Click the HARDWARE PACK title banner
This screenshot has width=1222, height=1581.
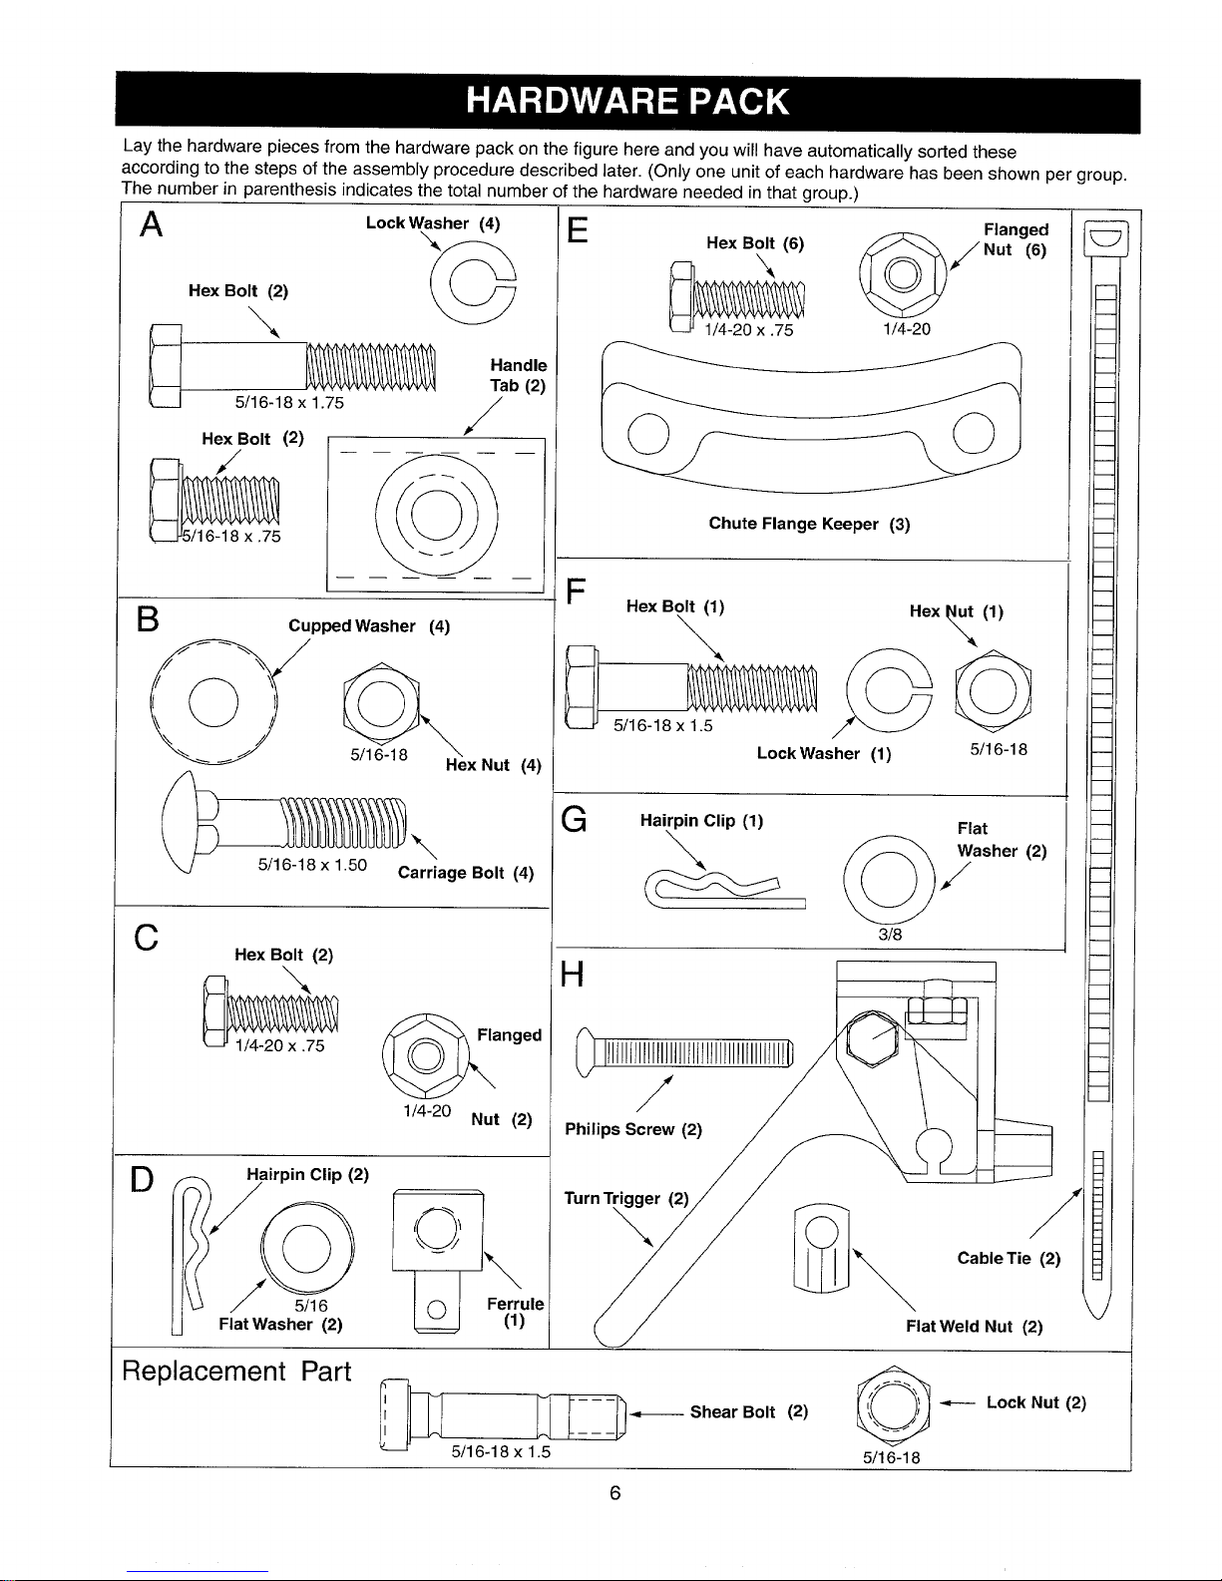coord(627,102)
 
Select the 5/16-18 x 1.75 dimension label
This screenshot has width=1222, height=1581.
coord(288,402)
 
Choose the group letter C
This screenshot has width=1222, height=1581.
coord(147,938)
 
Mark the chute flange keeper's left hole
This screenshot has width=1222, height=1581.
coord(648,433)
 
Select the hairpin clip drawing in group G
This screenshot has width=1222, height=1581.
coord(724,889)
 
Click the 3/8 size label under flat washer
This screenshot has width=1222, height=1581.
coord(890,935)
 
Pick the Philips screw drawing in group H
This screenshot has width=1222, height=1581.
coord(683,1052)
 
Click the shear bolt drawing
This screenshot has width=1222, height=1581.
coord(503,1415)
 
